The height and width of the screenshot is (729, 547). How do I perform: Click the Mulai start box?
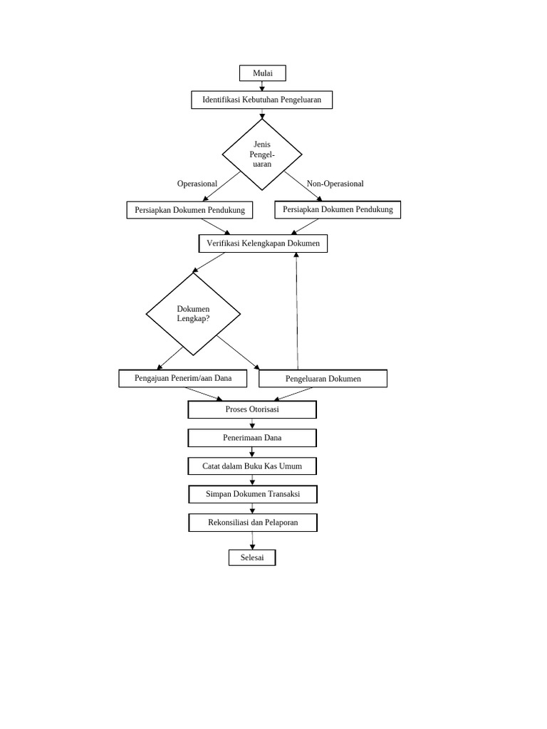click(262, 73)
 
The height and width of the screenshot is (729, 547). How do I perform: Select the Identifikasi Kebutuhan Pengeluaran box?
click(261, 100)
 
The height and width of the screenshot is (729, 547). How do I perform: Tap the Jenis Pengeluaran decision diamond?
click(262, 154)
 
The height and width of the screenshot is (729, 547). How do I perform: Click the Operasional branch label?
click(197, 184)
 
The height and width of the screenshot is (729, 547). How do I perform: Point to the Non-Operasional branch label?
click(335, 184)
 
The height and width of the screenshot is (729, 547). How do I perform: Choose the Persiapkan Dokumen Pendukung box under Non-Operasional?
click(338, 209)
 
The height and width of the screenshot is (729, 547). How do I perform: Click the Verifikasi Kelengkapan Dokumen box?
click(263, 243)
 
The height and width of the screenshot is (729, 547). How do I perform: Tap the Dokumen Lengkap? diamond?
click(193, 314)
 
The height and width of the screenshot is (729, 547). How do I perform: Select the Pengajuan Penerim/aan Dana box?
click(183, 378)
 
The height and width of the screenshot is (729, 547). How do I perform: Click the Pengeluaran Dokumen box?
click(323, 379)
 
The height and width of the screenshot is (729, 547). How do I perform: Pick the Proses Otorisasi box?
click(252, 409)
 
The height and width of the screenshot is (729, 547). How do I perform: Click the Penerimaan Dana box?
click(252, 438)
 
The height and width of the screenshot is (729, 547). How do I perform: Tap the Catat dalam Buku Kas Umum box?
click(252, 466)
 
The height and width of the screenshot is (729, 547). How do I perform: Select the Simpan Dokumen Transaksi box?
click(252, 494)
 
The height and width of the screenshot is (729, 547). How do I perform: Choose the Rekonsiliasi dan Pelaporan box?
click(252, 523)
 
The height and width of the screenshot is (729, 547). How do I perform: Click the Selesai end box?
click(252, 557)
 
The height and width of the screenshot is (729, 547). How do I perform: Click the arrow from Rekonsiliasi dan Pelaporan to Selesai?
click(252, 541)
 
